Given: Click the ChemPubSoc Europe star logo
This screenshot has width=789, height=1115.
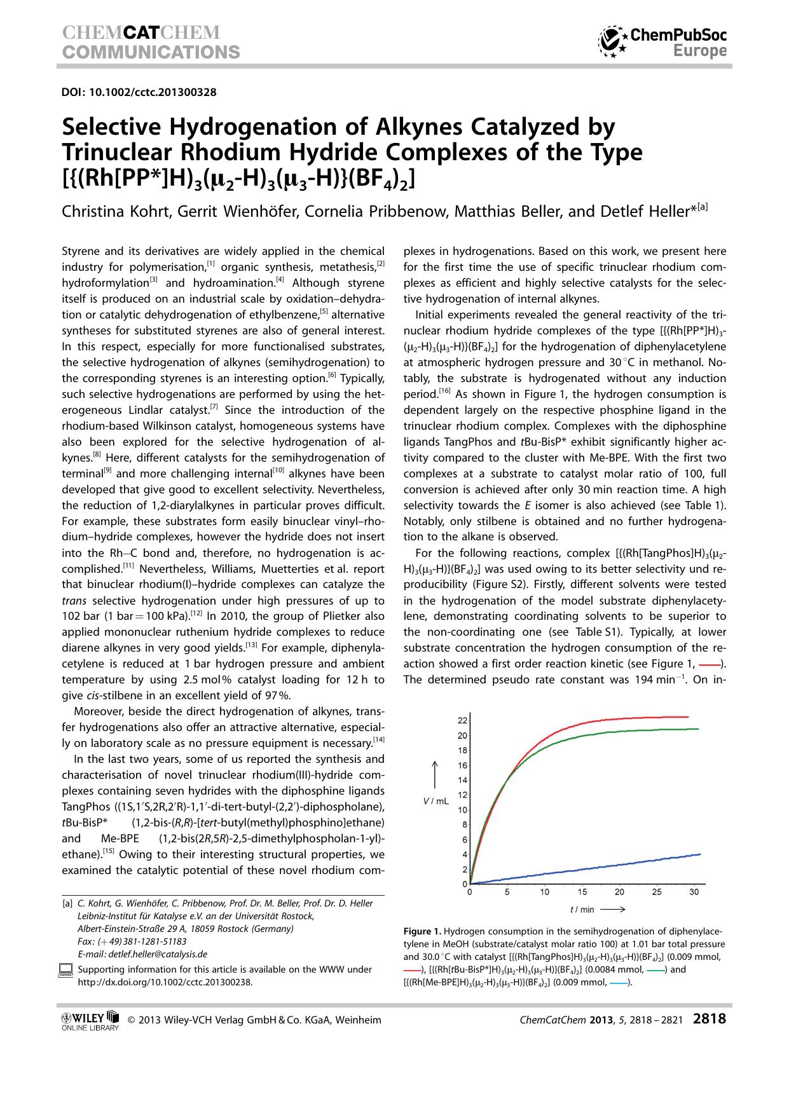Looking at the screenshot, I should tap(612, 42).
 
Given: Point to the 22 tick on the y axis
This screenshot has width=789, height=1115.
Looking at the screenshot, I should tap(462, 720).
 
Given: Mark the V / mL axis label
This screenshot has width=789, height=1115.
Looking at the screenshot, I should tap(436, 802).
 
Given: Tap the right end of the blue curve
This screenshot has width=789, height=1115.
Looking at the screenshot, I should tap(699, 854).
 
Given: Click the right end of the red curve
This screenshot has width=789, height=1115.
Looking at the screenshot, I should tap(688, 717).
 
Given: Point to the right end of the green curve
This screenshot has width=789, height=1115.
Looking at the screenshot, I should tap(698, 729).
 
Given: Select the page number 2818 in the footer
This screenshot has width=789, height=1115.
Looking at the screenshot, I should tap(709, 1020).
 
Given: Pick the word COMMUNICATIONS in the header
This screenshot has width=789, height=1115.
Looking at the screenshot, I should tap(151, 51).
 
